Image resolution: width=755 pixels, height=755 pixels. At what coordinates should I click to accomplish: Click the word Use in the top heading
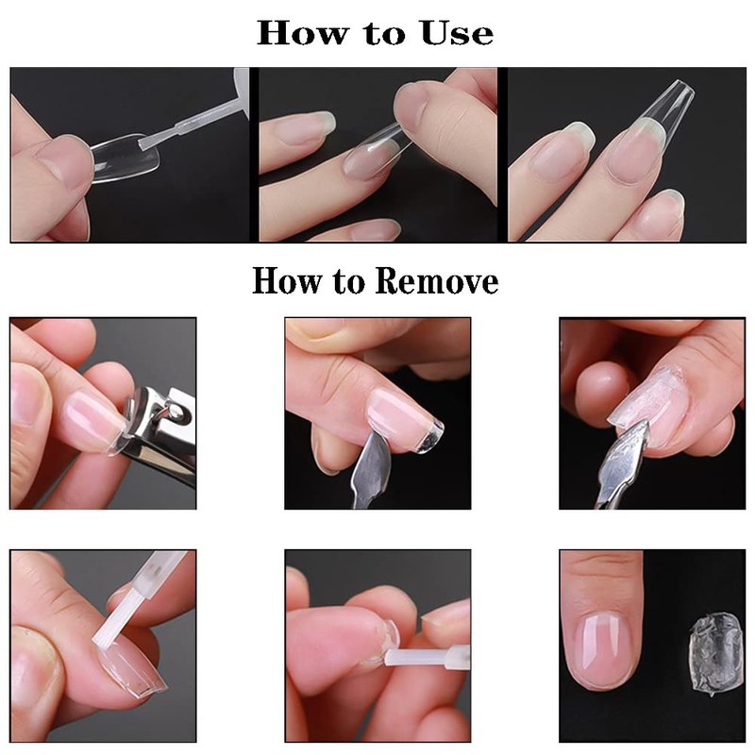pyautogui.click(x=457, y=33)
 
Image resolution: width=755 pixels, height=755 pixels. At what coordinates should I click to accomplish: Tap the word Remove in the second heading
pyautogui.click(x=436, y=280)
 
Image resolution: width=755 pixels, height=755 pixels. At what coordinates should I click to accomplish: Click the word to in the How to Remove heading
pyautogui.click(x=347, y=281)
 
